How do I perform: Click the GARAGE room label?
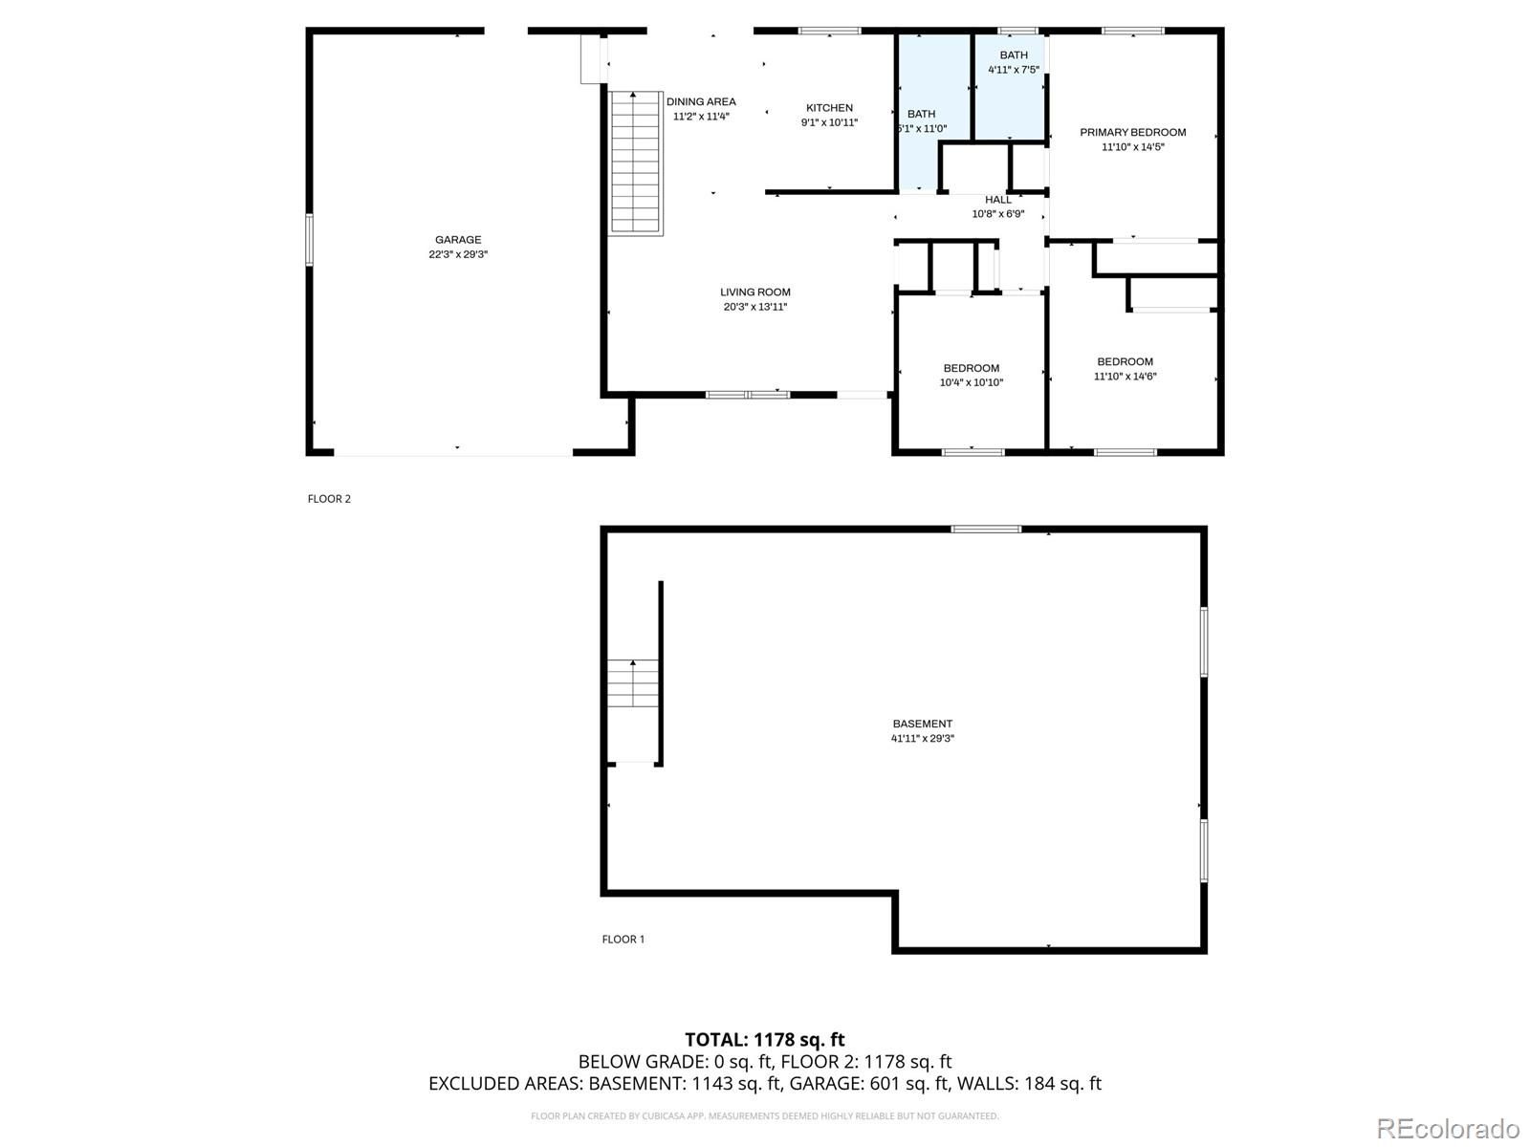click(458, 240)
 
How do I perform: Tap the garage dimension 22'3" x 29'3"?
click(458, 254)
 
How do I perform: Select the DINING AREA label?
click(701, 101)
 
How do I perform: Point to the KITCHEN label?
click(829, 108)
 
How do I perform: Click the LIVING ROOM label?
click(754, 292)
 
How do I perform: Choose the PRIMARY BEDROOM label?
click(1133, 132)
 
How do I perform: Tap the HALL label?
click(998, 200)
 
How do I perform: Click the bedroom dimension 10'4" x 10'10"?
click(971, 382)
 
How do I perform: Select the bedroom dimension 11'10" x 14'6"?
click(1125, 376)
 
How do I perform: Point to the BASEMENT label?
click(922, 724)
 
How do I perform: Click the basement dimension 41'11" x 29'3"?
click(922, 738)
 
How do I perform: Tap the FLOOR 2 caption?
click(329, 499)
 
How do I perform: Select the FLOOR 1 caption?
click(623, 939)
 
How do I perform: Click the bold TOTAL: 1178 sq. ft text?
click(765, 1040)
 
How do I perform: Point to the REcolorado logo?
click(1449, 1128)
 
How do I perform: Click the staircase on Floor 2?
click(635, 162)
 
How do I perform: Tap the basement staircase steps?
click(633, 683)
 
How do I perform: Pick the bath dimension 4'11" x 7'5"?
click(1014, 70)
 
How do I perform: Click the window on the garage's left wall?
click(309, 240)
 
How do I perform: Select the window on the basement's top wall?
click(986, 530)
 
